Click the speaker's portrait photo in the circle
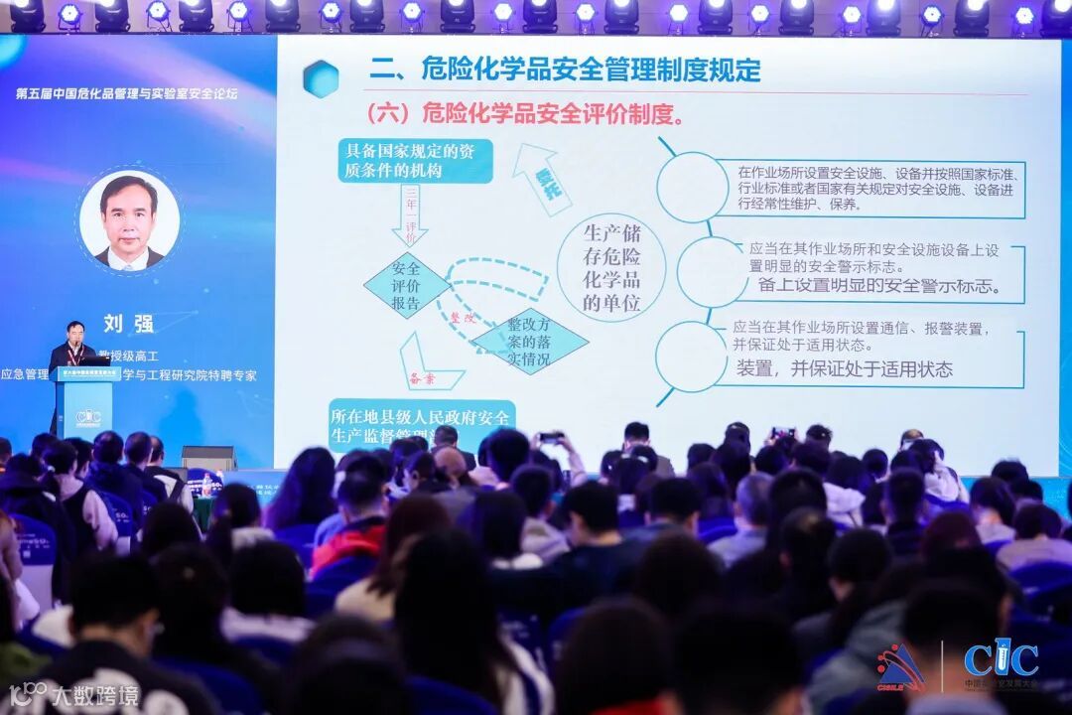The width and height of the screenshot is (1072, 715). click(129, 221)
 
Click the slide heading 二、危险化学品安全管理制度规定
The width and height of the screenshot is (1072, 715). click(565, 70)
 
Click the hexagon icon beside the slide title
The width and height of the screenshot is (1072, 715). click(321, 78)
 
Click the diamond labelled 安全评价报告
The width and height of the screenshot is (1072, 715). click(406, 286)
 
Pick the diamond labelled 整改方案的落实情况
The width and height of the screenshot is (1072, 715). click(528, 341)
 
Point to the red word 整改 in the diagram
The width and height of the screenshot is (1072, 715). click(464, 320)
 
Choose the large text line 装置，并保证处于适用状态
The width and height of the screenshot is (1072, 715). click(844, 369)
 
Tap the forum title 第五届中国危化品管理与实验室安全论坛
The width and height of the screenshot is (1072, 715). click(127, 93)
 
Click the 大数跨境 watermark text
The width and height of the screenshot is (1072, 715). click(95, 692)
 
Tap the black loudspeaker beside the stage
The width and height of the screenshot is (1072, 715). click(208, 458)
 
